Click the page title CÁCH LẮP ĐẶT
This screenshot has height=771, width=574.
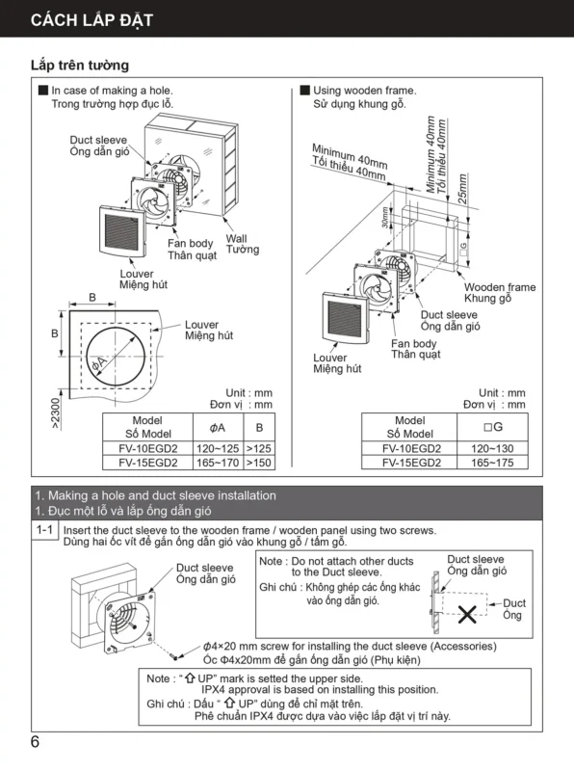point(91,20)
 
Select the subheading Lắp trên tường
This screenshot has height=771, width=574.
point(80,65)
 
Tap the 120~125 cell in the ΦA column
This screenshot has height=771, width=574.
point(218,448)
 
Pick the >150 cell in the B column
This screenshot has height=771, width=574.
point(259,463)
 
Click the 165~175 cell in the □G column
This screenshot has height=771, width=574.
point(492,463)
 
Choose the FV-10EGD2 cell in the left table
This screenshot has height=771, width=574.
point(148,448)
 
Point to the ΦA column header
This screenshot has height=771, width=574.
point(218,428)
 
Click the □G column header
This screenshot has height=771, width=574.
point(492,427)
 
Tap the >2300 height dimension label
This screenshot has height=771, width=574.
point(55,413)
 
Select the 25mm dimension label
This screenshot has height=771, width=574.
point(462,189)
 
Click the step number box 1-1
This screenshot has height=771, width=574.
point(44,529)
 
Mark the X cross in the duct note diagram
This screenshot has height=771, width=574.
point(467,614)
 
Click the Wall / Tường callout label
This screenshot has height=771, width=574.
point(243,244)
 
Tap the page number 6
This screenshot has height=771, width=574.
point(35,741)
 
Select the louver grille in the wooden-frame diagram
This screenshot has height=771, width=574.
point(346,318)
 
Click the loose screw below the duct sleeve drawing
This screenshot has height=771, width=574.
point(173,655)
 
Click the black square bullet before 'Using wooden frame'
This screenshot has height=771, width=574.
point(304,90)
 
